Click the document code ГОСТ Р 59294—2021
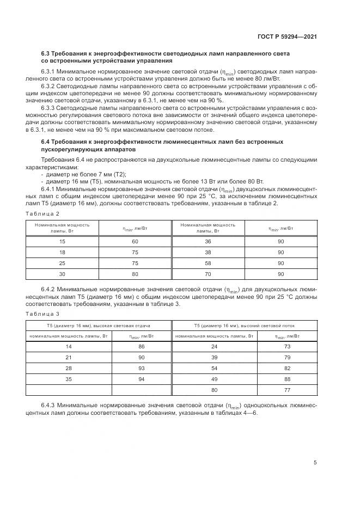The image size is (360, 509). coord(288,36)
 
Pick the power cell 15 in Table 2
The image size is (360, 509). coord(62,241)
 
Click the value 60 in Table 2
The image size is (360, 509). coord(136,241)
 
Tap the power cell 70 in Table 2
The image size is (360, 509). coord(208,274)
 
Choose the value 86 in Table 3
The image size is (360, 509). coord(142,347)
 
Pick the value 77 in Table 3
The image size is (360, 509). coord(288,390)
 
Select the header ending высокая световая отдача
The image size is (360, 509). coord(99,326)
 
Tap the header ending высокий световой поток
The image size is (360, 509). coord(244,326)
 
